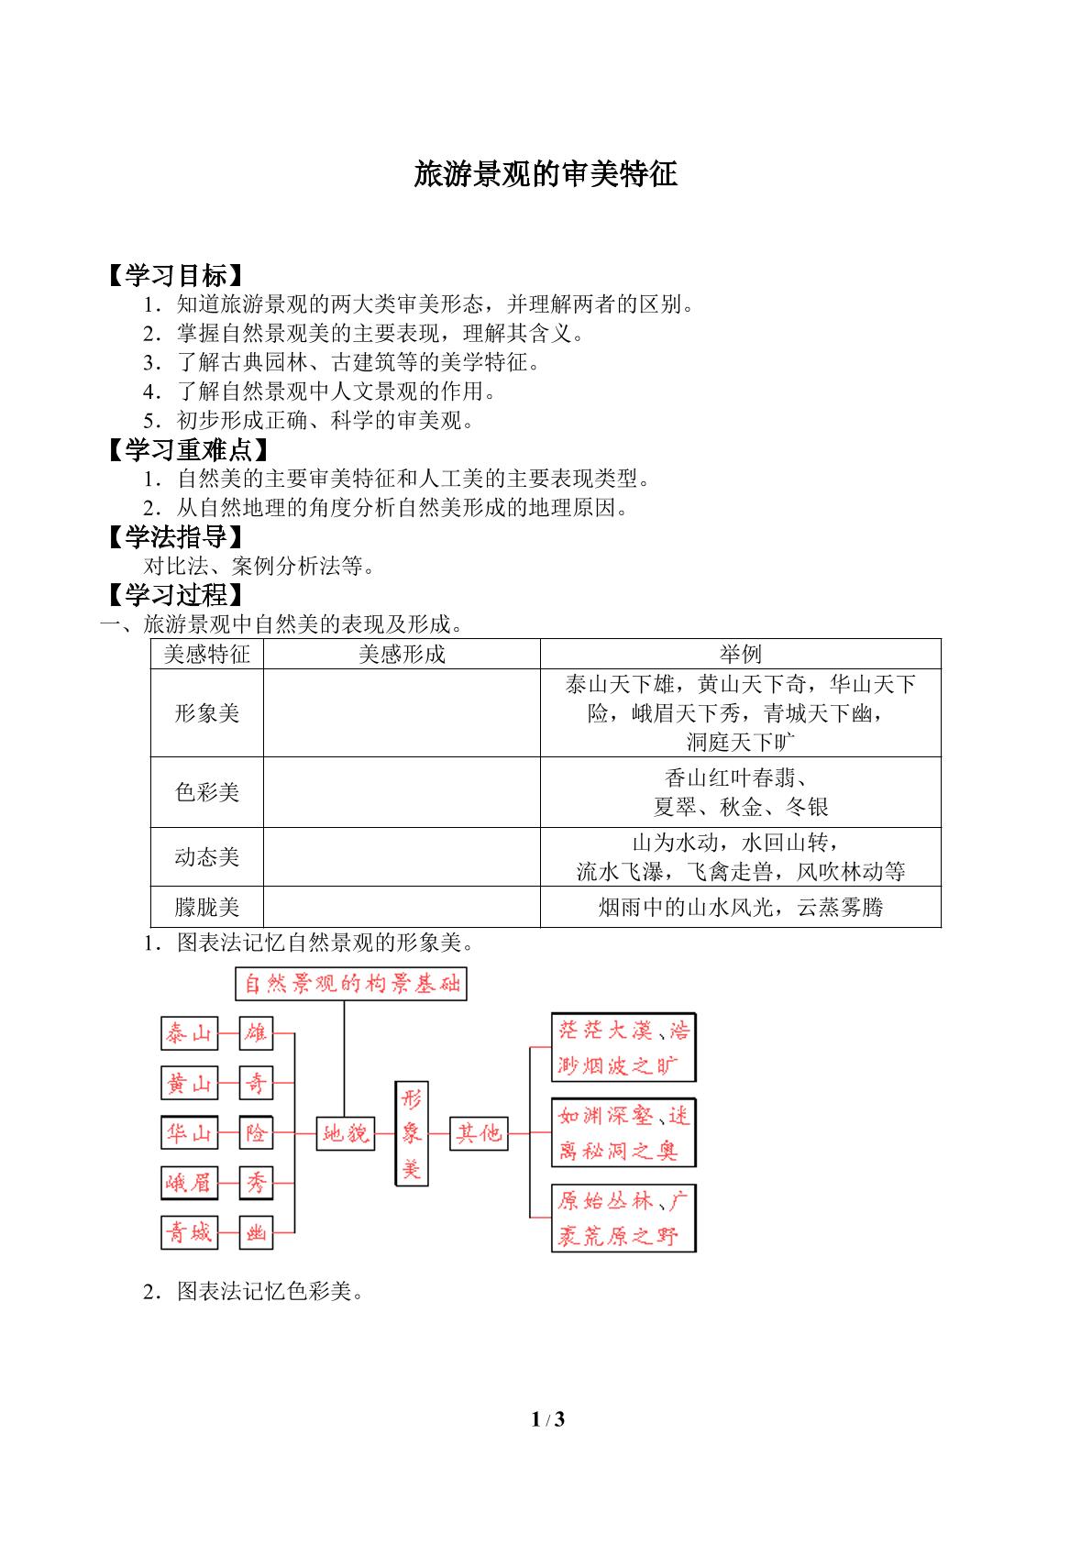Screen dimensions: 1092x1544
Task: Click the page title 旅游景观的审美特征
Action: tap(546, 173)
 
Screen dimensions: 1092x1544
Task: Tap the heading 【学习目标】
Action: tap(176, 275)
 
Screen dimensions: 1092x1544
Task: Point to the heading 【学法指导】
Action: tap(176, 536)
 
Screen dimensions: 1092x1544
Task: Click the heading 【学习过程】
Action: tap(176, 594)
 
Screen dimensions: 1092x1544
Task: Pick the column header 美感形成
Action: tap(402, 654)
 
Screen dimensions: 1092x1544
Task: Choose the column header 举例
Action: tap(741, 654)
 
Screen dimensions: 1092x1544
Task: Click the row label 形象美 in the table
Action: tap(207, 712)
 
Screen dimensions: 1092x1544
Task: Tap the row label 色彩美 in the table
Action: tap(207, 792)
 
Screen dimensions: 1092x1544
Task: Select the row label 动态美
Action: tap(207, 856)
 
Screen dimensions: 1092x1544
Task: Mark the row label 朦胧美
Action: tap(207, 907)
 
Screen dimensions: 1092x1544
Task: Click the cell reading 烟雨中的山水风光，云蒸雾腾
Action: tap(741, 907)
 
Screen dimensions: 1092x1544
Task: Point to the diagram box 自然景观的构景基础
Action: tap(351, 983)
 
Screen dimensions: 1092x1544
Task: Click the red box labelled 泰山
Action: tap(190, 1032)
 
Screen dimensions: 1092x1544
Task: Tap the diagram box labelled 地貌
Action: tap(346, 1132)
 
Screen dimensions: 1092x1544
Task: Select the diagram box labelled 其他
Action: tap(480, 1132)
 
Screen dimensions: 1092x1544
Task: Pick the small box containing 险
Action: tap(257, 1132)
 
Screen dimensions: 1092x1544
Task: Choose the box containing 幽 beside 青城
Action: tap(257, 1231)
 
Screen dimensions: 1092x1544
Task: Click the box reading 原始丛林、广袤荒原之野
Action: tap(623, 1218)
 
